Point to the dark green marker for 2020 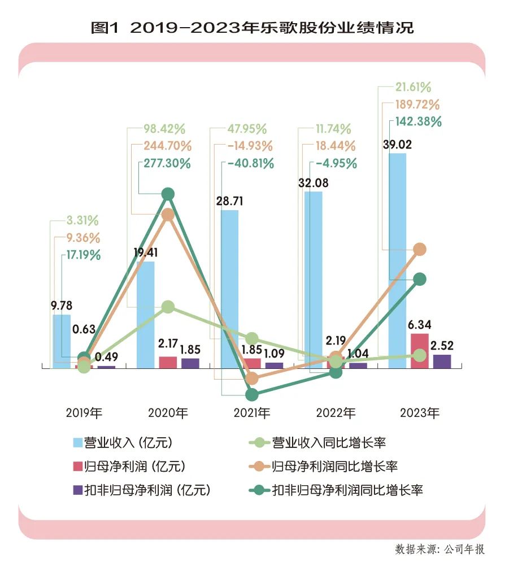(168, 194)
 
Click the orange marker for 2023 (419, 249)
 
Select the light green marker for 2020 (168, 307)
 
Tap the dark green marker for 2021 (252, 394)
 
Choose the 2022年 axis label (336, 413)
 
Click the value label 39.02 (397, 145)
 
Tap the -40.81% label (251, 164)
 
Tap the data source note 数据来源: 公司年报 (440, 549)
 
